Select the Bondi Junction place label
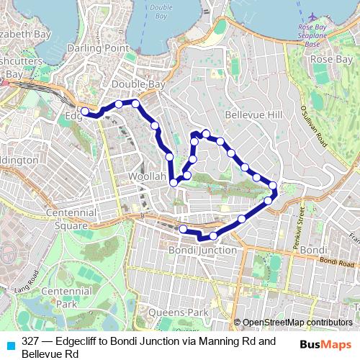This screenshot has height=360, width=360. tap(202, 250)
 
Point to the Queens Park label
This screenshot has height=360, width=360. tap(177, 312)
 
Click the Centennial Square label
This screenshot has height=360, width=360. tap(71, 219)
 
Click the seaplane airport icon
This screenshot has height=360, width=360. tap(312, 16)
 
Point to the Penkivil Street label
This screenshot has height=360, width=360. tap(298, 227)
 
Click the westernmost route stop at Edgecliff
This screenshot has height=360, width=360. tap(85, 111)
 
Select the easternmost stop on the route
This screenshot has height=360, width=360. tap(273, 186)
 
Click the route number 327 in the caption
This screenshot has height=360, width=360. tap(30, 341)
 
